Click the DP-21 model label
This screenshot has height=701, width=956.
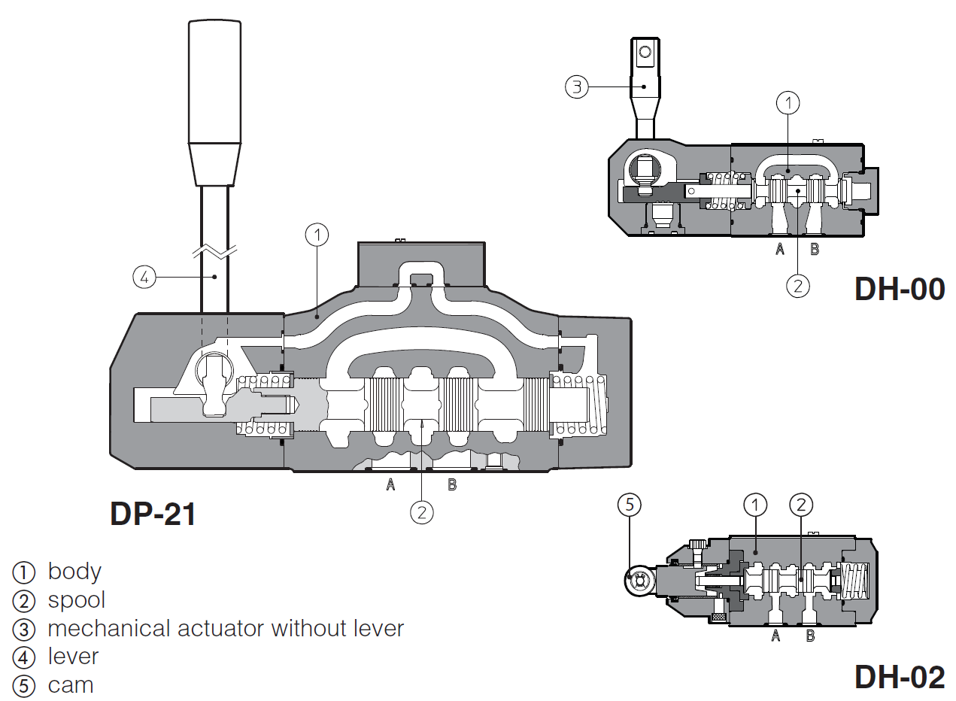pyautogui.click(x=153, y=514)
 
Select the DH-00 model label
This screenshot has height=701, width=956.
pyautogui.click(x=899, y=289)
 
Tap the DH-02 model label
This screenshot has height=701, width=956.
pyautogui.click(x=899, y=678)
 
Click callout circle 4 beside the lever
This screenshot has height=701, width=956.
pyautogui.click(x=144, y=277)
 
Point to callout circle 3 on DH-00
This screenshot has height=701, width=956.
pyautogui.click(x=576, y=86)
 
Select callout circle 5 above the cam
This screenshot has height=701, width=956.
pyautogui.click(x=630, y=505)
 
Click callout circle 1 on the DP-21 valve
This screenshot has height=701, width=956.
pyautogui.click(x=317, y=235)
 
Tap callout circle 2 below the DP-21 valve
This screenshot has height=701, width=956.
pyautogui.click(x=422, y=512)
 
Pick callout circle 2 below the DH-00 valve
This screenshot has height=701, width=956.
pyautogui.click(x=797, y=285)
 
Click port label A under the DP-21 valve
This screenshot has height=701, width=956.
pyautogui.click(x=390, y=485)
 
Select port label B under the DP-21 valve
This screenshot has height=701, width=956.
pyautogui.click(x=452, y=485)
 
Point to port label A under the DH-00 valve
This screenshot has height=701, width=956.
pyautogui.click(x=780, y=249)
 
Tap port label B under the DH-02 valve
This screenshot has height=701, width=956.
pyautogui.click(x=810, y=636)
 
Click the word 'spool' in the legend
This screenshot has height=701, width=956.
pyautogui.click(x=77, y=600)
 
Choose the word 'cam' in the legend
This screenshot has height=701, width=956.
pyautogui.click(x=71, y=686)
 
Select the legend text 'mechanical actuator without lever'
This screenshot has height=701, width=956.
pyautogui.click(x=226, y=628)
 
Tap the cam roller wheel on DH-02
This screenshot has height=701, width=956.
pyautogui.click(x=639, y=581)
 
